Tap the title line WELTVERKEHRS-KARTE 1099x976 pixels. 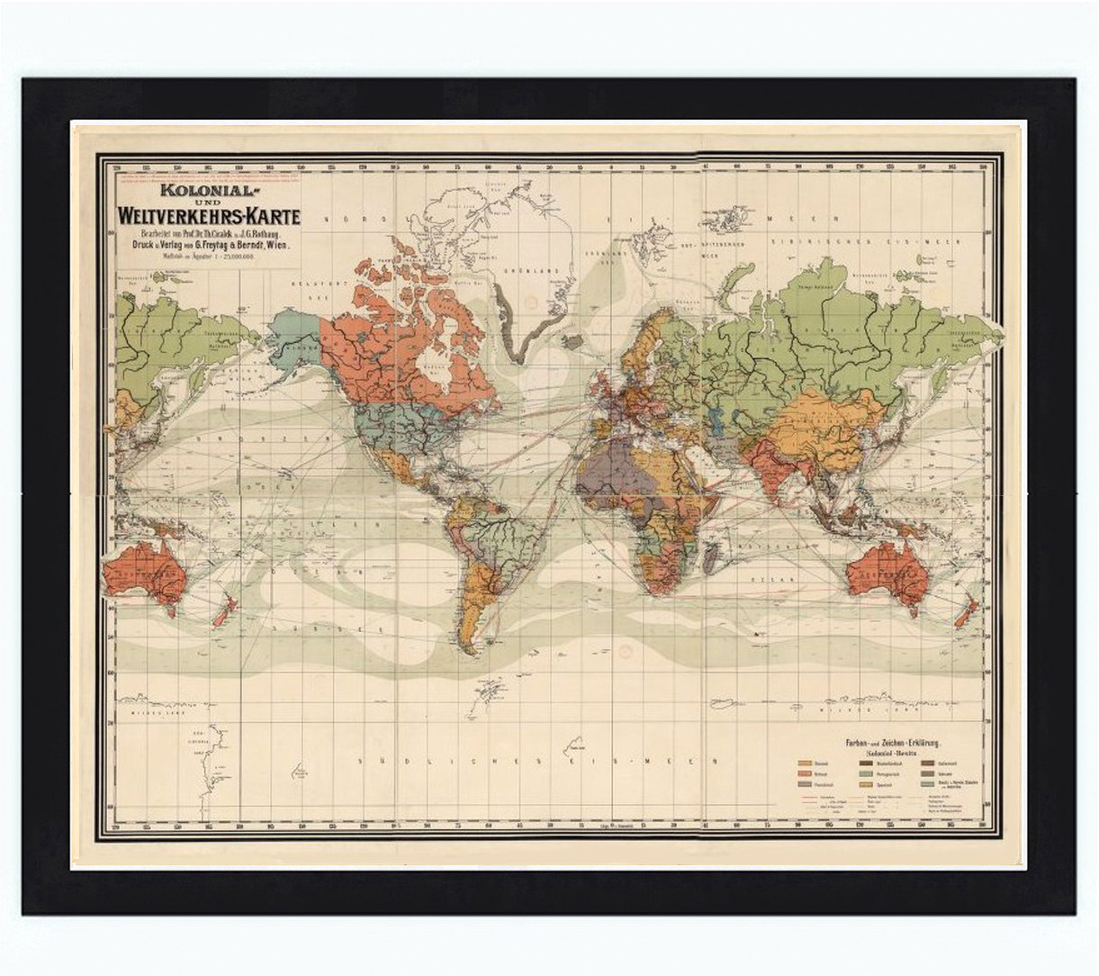[207, 217]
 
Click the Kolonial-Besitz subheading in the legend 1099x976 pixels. [888, 752]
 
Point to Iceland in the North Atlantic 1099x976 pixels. [572, 342]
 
